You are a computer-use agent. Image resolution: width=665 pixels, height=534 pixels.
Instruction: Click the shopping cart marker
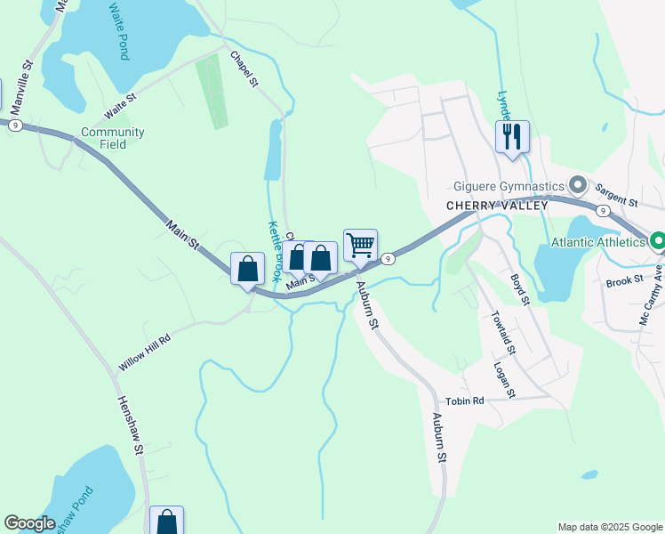(x=360, y=246)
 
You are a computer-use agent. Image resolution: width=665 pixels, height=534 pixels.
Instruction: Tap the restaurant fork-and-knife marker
(x=512, y=137)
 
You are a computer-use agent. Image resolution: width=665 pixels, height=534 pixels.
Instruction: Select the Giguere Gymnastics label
(x=509, y=186)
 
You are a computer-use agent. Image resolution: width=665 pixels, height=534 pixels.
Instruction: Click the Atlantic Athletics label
(x=597, y=241)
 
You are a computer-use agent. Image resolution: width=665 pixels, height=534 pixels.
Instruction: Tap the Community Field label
(x=113, y=138)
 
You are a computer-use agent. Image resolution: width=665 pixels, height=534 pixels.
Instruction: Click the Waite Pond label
(x=118, y=30)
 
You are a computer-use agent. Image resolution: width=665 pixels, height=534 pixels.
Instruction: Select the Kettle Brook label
(x=276, y=251)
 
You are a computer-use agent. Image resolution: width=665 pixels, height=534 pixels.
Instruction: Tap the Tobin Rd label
(x=465, y=400)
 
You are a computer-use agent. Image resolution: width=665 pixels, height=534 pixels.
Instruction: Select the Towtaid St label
(x=503, y=329)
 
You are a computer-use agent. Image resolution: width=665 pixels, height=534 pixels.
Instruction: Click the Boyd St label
(x=521, y=290)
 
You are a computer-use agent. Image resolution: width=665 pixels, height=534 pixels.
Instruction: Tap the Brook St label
(x=625, y=280)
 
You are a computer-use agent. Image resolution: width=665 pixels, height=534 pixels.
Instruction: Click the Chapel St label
(x=244, y=69)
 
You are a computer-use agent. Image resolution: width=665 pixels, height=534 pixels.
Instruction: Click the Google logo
(x=29, y=523)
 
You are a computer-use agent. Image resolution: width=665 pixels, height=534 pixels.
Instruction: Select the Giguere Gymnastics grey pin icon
(x=578, y=186)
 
